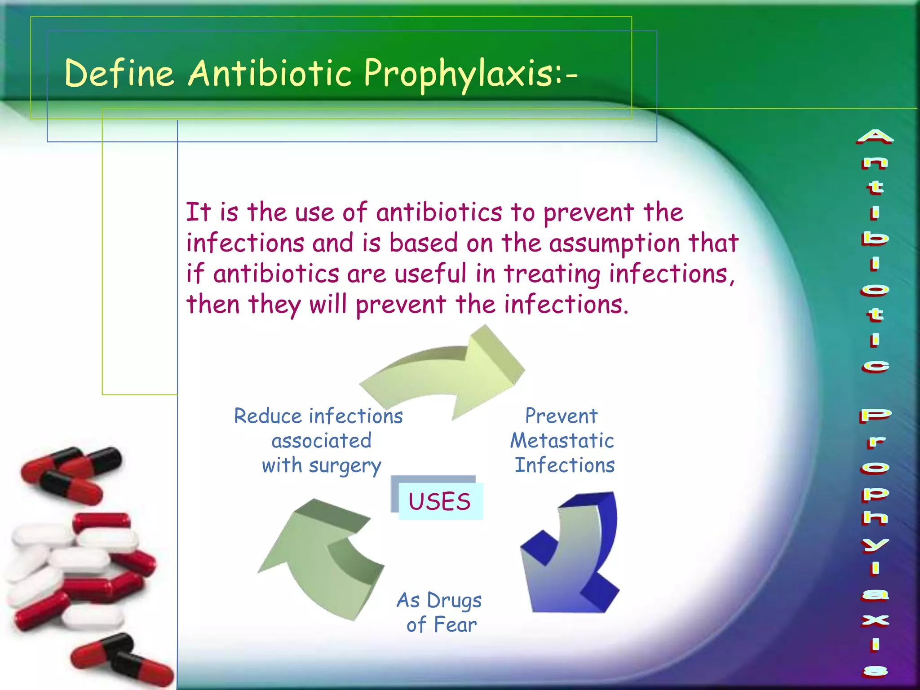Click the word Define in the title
click(x=119, y=73)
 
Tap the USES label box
click(x=440, y=501)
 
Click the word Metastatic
click(x=562, y=441)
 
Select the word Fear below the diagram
click(x=455, y=625)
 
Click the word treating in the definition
click(x=552, y=274)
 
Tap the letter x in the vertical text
click(x=875, y=620)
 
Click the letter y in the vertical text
click(x=875, y=545)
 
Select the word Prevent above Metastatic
click(x=562, y=416)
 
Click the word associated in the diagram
click(x=322, y=441)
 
